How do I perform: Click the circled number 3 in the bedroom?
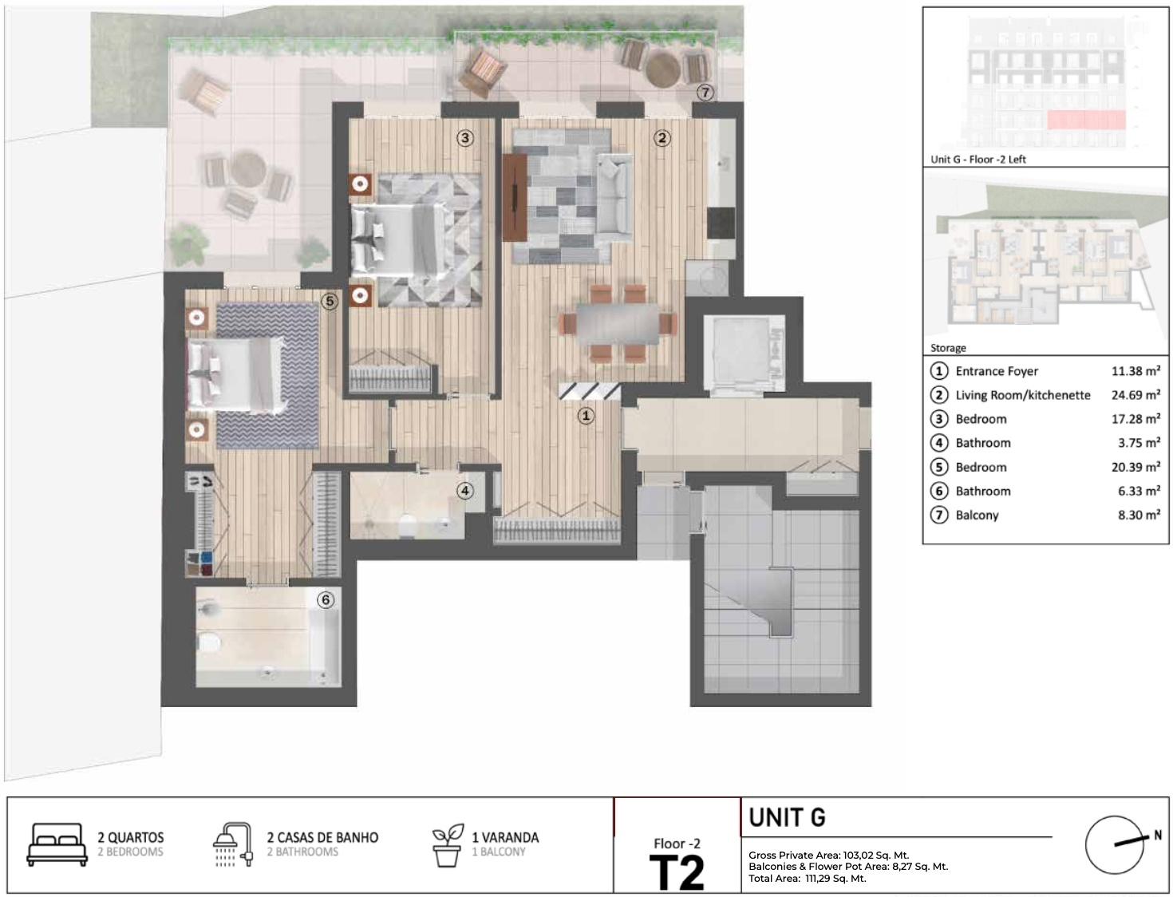point(465,138)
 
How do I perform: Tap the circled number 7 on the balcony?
point(705,93)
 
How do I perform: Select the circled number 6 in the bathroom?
point(326,600)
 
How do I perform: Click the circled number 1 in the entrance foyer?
point(586,416)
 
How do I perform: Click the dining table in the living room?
point(618,324)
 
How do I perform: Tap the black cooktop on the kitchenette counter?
point(721,223)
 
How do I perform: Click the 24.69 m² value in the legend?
point(1136,395)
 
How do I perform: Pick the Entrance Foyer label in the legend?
point(997,371)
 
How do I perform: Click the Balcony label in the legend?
point(977,515)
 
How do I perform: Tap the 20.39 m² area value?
point(1136,467)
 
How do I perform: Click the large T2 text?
point(677,873)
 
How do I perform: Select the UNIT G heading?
point(787,817)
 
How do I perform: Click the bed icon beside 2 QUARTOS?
point(57,844)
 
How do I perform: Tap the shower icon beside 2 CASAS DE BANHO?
point(232,844)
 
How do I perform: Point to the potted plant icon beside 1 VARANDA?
point(448,845)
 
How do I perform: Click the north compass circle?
point(1115,845)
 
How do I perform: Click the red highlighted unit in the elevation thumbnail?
point(1087,120)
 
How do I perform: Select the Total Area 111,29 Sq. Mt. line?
point(807,879)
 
